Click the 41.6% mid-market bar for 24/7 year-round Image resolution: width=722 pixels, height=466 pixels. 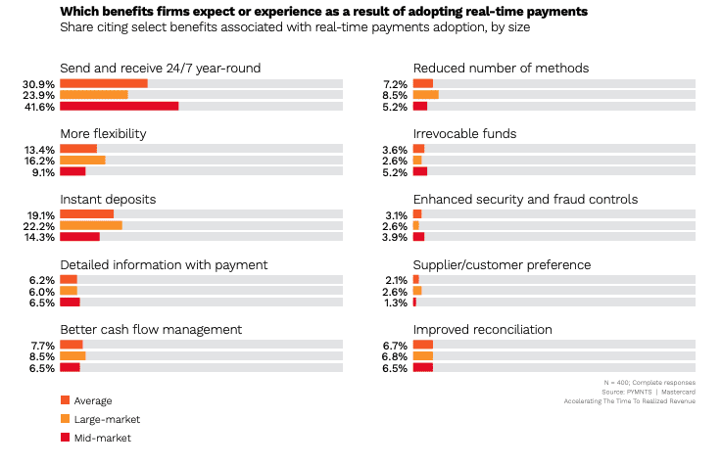(119, 106)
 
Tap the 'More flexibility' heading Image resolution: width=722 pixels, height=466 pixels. (103, 133)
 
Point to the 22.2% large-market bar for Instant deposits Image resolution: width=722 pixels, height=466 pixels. (91, 225)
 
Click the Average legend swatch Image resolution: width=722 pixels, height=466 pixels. (65, 399)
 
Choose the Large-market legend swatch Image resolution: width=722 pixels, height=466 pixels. (65, 418)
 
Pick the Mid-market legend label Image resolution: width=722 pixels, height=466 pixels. (103, 438)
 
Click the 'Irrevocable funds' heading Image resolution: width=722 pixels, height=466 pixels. (464, 133)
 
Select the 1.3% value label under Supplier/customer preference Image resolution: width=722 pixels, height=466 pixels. (395, 303)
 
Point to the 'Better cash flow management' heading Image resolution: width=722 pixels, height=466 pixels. (151, 330)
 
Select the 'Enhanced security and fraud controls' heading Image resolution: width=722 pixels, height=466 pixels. (525, 199)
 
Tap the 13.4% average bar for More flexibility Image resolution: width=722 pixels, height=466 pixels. (78, 149)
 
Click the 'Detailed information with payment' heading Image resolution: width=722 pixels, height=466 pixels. (164, 264)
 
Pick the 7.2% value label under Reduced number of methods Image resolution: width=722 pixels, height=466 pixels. (395, 84)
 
